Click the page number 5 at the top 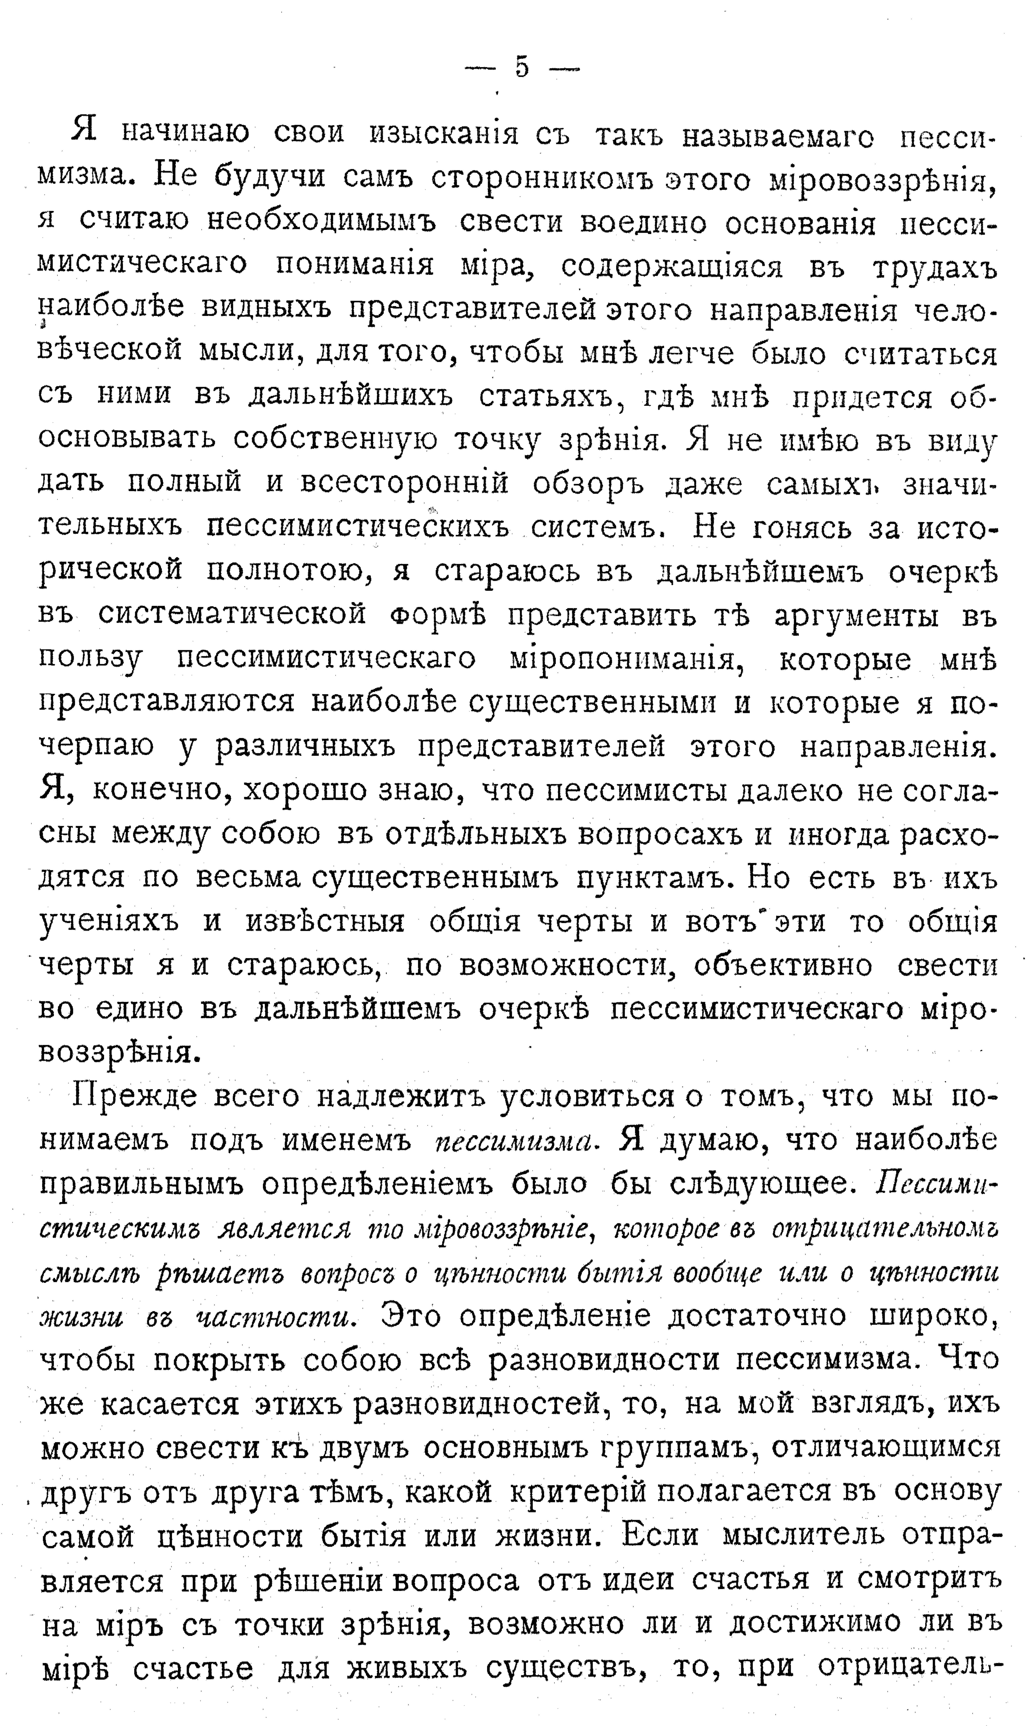[522, 68]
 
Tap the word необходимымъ [321, 222]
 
